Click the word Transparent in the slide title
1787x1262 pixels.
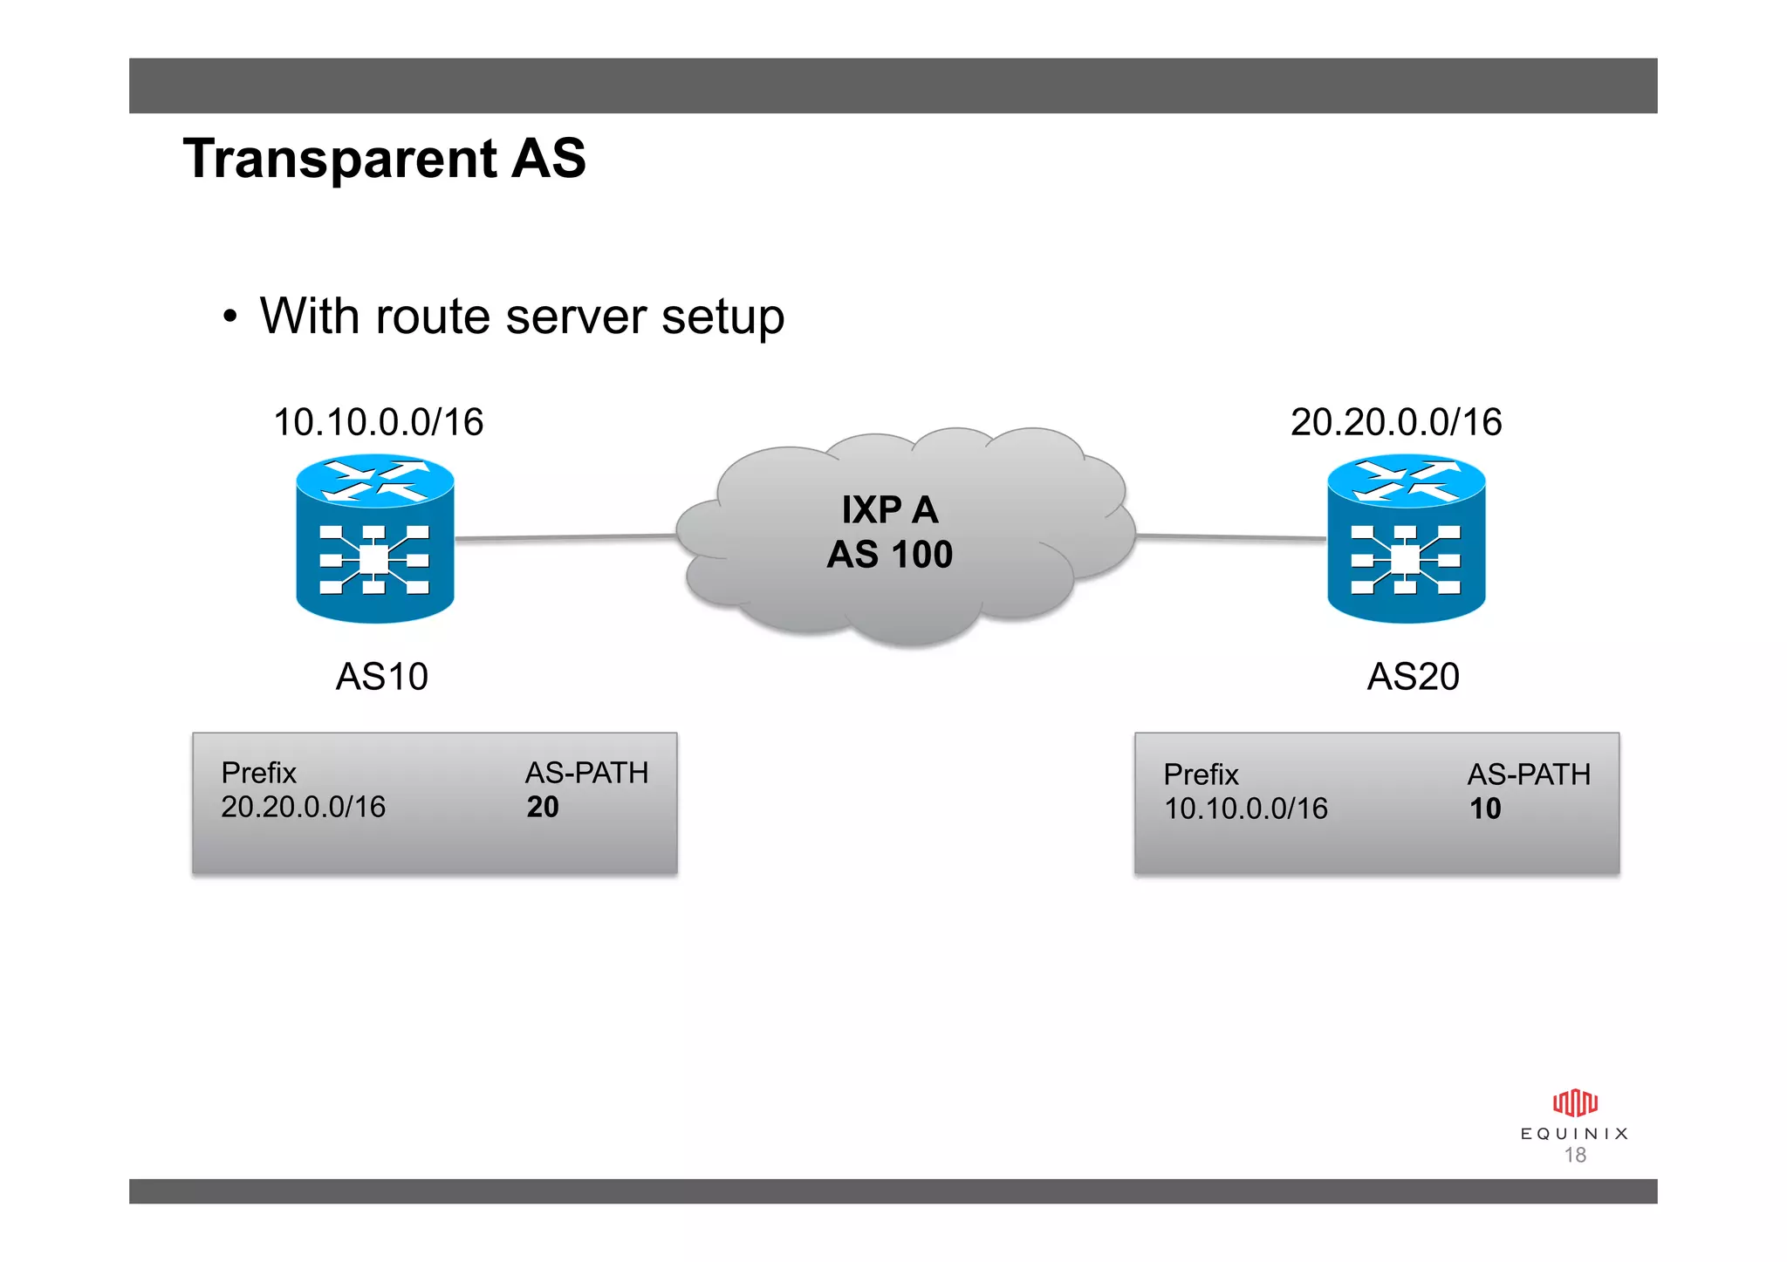pos(340,160)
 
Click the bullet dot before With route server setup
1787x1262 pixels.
pos(229,317)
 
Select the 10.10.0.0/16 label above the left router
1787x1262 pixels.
pos(378,422)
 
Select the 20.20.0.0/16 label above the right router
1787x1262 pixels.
pos(1395,422)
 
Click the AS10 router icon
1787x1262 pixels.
pos(375,538)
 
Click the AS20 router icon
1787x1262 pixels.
pos(1406,538)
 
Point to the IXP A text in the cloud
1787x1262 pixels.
pos(889,510)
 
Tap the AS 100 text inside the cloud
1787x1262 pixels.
pos(889,555)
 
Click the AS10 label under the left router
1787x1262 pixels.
pos(382,677)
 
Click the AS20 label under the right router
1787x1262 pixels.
pos(1413,677)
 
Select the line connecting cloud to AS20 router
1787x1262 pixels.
pos(1230,537)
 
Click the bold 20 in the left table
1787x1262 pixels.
pos(542,808)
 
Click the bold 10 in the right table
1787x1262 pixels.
pos(1484,809)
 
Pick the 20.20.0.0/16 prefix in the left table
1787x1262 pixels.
pos(303,808)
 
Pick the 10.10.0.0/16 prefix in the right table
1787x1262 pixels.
pos(1245,809)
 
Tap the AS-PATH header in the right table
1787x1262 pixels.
pos(1528,774)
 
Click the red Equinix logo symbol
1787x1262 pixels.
pos(1574,1103)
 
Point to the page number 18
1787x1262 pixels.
pos(1574,1156)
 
